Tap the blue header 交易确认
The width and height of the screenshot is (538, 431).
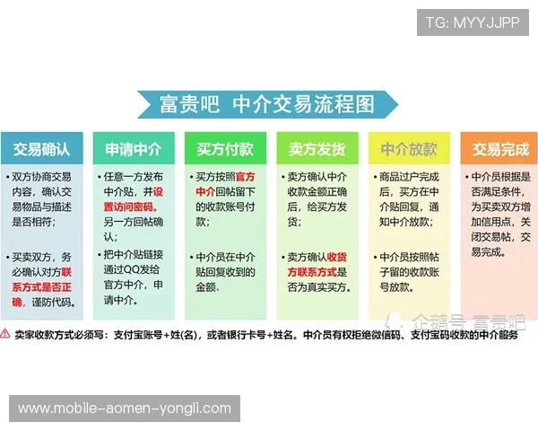41,147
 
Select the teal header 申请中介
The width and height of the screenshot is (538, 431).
133,147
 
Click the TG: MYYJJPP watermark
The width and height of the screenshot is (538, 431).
473,22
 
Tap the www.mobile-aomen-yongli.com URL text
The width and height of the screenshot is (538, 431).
125,409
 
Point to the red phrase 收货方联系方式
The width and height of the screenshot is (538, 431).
316,263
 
